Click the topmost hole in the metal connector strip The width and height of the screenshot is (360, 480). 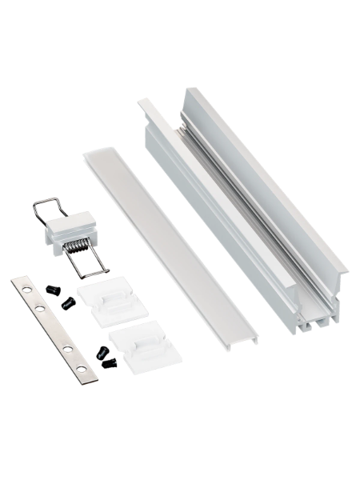pos(22,286)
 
